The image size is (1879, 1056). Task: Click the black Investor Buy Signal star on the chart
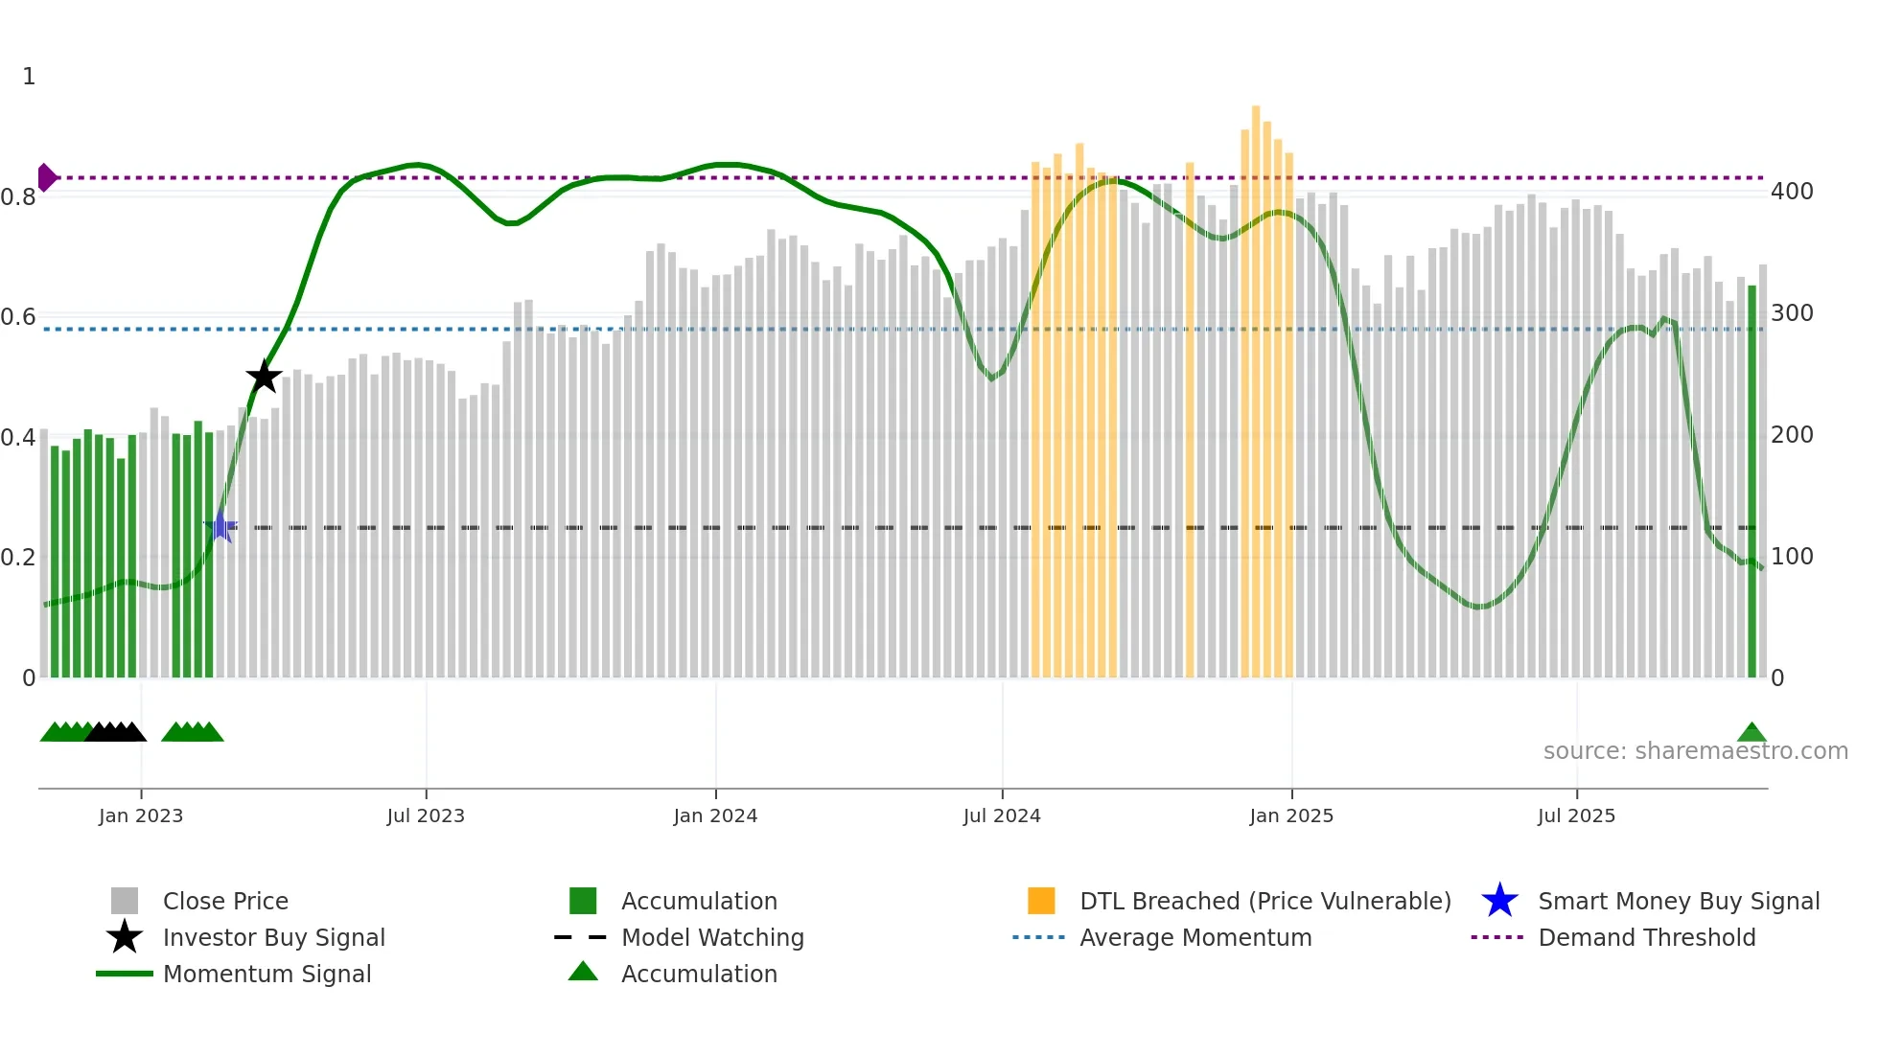(264, 377)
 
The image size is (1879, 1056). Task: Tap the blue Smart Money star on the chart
(220, 526)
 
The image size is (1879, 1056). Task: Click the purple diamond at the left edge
(46, 177)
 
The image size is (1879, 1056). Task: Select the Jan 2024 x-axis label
(715, 815)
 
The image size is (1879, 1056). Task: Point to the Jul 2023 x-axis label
(426, 815)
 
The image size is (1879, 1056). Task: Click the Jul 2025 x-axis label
(1576, 815)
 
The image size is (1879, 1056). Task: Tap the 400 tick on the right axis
(1792, 192)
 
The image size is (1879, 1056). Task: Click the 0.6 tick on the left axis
(18, 317)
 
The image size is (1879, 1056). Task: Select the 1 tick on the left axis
(29, 77)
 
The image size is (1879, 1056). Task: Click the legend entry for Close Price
(225, 901)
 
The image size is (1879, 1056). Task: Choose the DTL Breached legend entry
(1264, 901)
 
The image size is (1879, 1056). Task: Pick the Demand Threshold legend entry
(1646, 937)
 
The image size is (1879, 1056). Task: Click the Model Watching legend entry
(712, 937)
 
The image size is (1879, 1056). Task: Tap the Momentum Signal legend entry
(267, 974)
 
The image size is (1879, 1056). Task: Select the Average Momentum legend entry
(1195, 937)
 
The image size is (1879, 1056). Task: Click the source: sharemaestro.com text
(1695, 750)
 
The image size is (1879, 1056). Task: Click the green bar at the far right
(1751, 479)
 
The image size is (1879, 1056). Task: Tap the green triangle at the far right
(1751, 733)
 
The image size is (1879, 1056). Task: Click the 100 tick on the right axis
(1792, 557)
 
